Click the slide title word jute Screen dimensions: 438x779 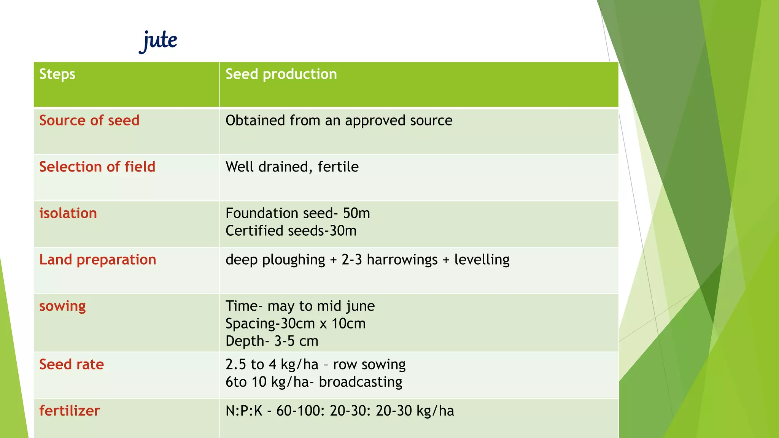click(158, 40)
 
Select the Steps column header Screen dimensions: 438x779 click(57, 74)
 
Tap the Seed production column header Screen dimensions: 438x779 click(281, 74)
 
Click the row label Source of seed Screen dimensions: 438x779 click(89, 121)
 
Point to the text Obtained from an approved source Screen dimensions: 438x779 click(339, 121)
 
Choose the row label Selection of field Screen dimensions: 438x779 click(97, 167)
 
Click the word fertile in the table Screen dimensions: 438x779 click(338, 167)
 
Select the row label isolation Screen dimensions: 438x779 click(68, 213)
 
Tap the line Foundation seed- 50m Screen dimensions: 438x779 click(297, 213)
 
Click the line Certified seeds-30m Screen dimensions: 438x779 click(291, 231)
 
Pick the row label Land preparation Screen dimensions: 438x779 click(98, 260)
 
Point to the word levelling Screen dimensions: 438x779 click(482, 260)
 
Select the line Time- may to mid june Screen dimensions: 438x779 click(300, 306)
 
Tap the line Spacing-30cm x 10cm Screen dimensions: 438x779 click(295, 324)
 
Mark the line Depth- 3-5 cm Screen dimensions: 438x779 click(272, 341)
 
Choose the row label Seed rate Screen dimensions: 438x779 click(72, 365)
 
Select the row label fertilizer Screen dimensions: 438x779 click(70, 411)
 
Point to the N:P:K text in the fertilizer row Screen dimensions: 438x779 click(244, 411)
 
